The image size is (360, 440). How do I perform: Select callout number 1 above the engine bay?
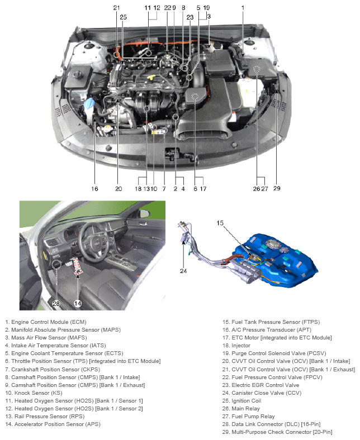[243, 7]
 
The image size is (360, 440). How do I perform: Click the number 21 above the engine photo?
[116, 7]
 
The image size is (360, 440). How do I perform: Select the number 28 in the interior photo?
[56, 303]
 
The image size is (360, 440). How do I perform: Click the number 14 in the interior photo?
[78, 303]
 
